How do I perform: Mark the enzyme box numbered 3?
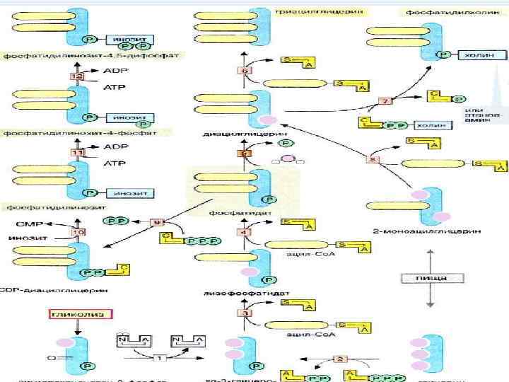coord(243,313)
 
